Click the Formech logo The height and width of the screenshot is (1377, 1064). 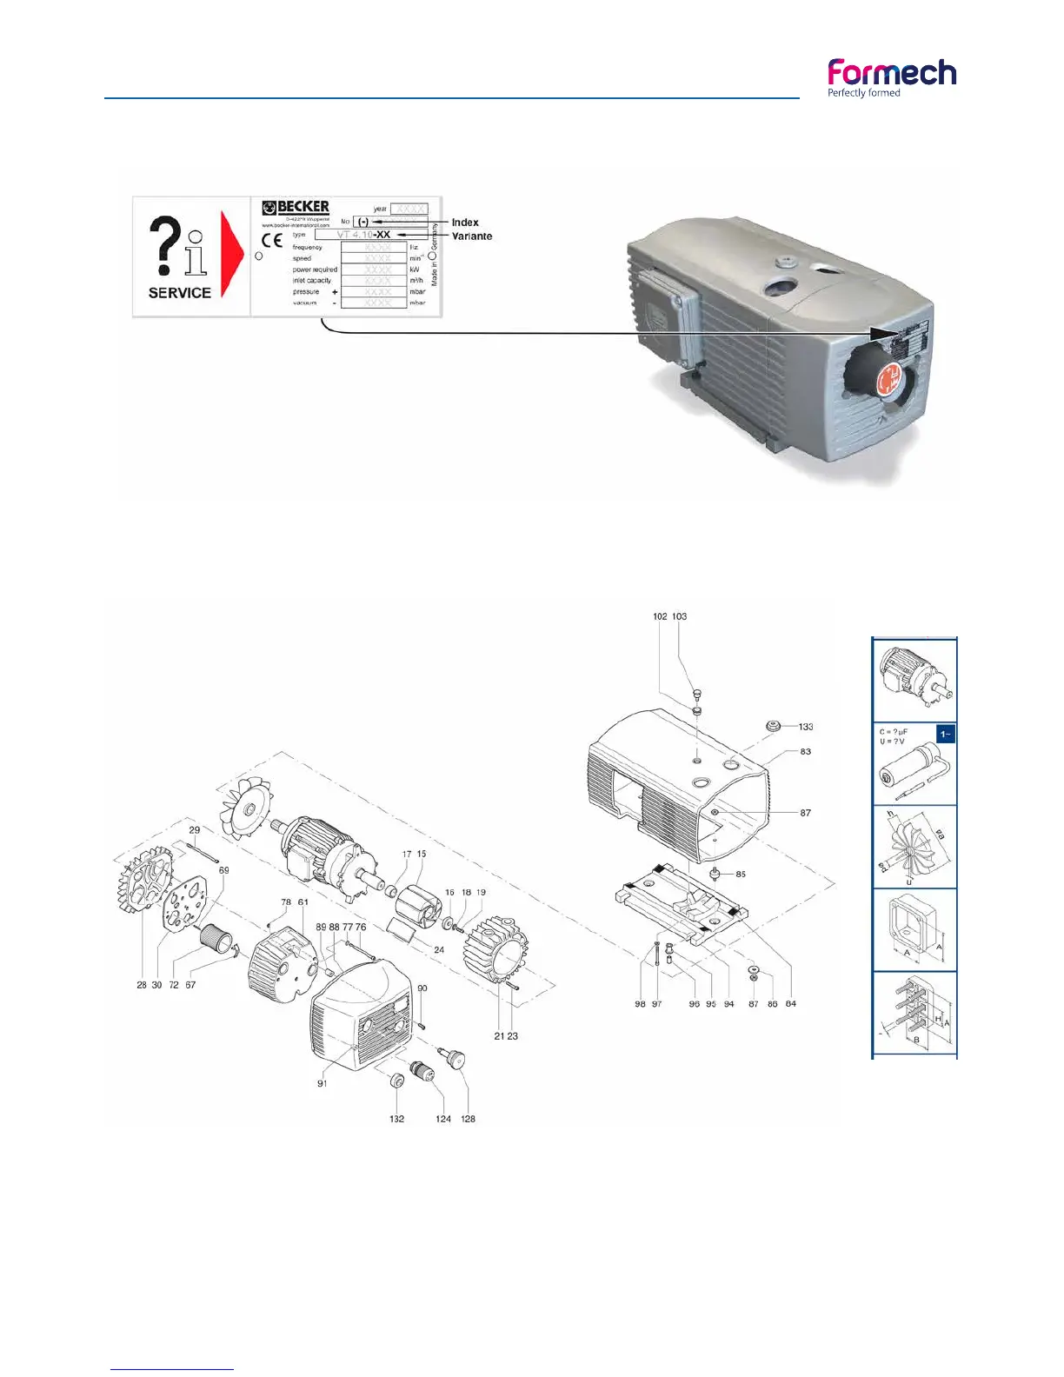891,76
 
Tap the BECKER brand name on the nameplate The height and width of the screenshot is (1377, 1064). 303,207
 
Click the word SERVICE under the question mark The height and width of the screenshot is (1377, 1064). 180,293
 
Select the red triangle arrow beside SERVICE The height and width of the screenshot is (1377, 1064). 231,253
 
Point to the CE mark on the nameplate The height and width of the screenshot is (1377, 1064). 272,241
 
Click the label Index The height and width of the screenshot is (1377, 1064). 465,223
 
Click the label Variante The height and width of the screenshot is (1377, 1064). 472,236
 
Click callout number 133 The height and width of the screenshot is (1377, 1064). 806,727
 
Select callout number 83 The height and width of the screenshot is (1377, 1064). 806,752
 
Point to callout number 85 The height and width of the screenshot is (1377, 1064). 741,875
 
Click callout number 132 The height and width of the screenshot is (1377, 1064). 396,1119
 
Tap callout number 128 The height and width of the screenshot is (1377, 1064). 468,1119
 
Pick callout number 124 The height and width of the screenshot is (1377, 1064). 443,1119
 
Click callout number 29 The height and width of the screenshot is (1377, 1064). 195,830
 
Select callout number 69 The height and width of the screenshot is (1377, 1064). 224,870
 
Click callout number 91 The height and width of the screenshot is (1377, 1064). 322,1084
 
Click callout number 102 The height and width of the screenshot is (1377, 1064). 660,616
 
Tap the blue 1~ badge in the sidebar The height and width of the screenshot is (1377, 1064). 946,735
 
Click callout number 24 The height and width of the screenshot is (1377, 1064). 439,950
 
